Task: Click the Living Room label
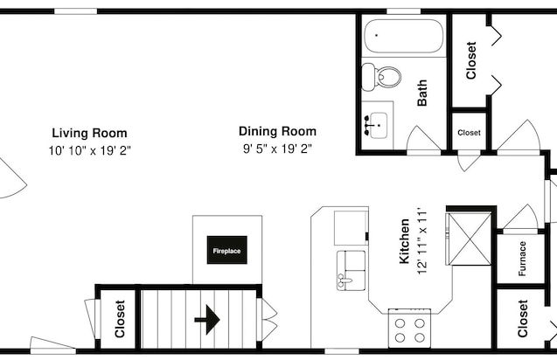89,133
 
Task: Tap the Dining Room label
277,131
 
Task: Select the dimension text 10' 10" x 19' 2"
89,150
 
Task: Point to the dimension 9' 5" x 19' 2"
277,149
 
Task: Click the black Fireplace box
227,250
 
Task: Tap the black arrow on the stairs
207,320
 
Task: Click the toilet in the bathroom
381,76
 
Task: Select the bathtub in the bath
404,36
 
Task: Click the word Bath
422,93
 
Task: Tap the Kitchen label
404,241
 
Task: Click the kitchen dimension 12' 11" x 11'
421,243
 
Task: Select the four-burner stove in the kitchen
409,329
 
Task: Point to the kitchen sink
351,271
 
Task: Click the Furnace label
522,259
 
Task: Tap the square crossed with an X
470,239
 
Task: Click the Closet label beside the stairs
120,319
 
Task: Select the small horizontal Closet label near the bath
469,133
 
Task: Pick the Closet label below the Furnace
523,318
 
